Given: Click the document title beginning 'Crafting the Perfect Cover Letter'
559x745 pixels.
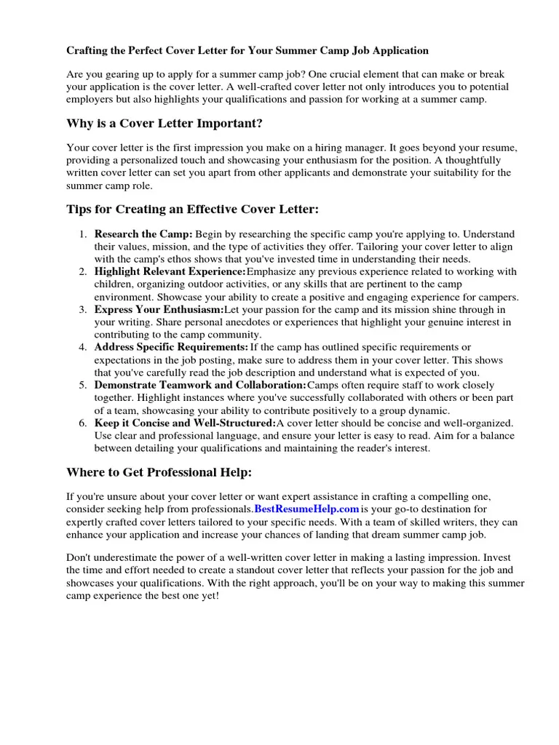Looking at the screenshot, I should tap(247, 51).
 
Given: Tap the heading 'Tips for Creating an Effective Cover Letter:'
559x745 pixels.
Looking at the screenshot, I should tap(193, 210).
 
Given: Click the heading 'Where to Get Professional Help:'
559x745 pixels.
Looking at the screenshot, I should tap(159, 472).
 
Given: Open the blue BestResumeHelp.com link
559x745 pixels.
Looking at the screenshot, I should tap(307, 509).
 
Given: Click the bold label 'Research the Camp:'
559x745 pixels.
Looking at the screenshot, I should tap(143, 234).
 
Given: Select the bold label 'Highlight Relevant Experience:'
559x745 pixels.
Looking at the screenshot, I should tap(170, 271).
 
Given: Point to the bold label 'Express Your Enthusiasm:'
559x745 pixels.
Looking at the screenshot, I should tap(159, 309).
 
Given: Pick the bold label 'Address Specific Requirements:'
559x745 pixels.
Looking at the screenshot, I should tap(171, 347).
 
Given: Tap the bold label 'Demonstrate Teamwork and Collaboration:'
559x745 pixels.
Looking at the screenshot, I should tap(200, 385).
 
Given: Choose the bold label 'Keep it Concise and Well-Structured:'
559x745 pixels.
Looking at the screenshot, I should tap(185, 423).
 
